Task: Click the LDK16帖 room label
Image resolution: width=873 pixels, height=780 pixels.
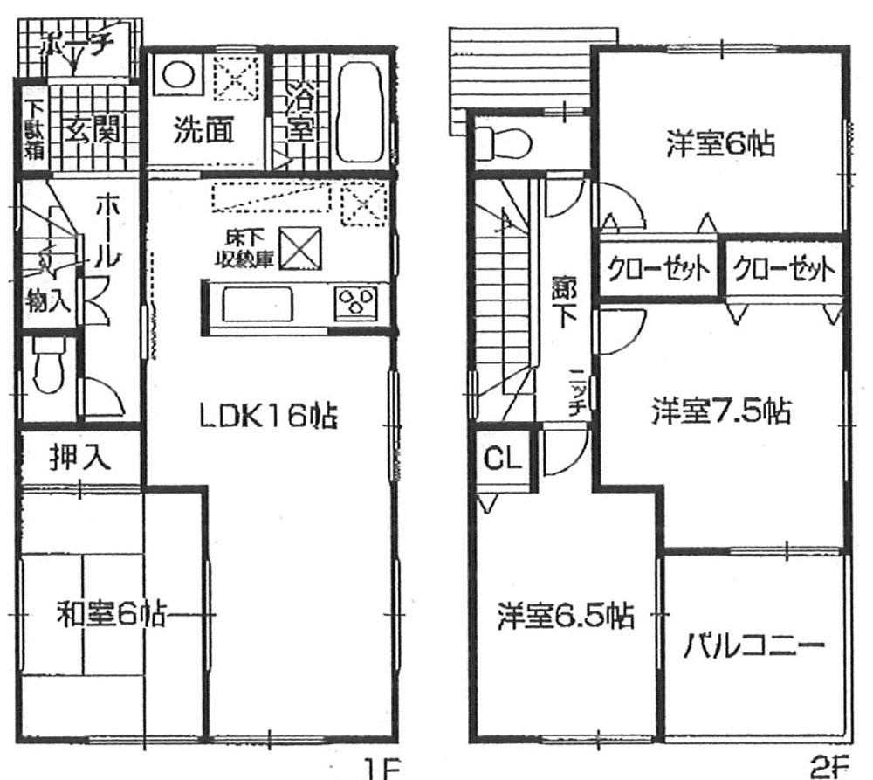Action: pyautogui.click(x=268, y=417)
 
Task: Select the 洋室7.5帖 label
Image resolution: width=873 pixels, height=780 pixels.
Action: pyautogui.click(x=721, y=410)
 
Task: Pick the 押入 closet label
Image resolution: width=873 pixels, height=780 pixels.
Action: pyautogui.click(x=79, y=459)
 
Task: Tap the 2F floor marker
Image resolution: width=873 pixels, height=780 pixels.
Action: pyautogui.click(x=828, y=769)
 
